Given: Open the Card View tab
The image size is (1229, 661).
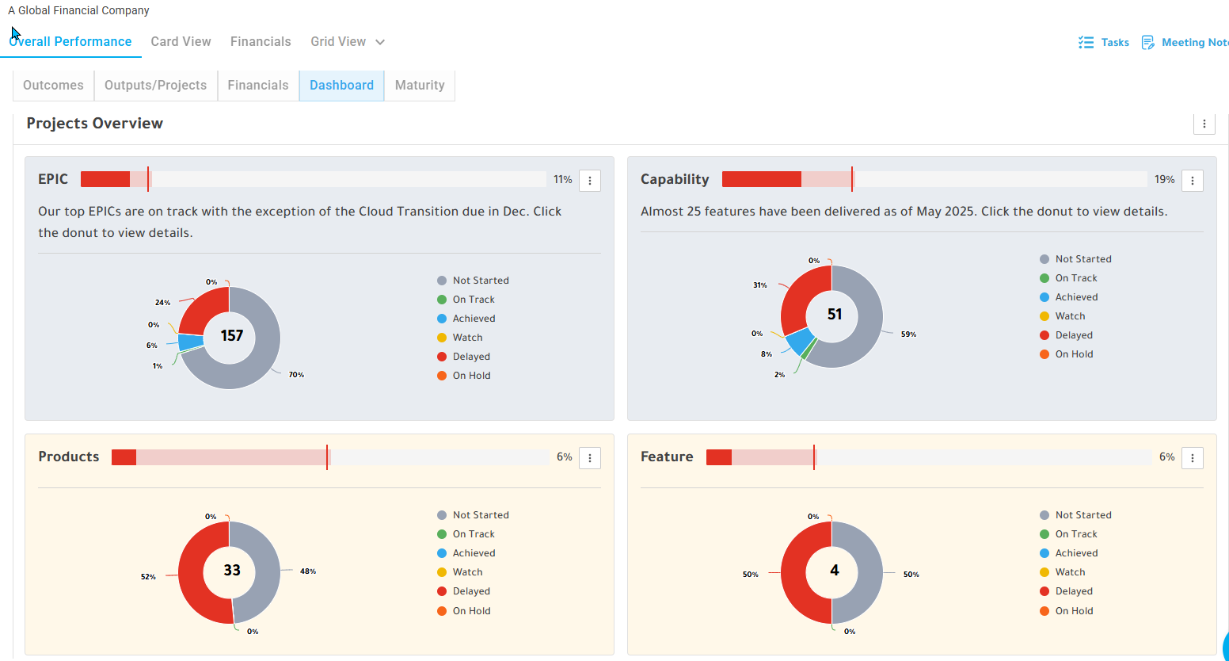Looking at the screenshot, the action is [x=181, y=42].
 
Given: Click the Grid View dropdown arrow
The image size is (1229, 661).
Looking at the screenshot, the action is [x=379, y=42].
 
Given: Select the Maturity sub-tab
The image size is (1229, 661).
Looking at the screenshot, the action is [x=420, y=85].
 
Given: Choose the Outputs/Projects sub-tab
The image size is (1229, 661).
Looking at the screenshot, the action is [x=155, y=85].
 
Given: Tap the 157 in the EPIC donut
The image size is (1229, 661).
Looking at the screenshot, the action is [x=231, y=335].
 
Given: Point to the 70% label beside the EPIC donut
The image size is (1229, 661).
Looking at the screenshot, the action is [x=296, y=374].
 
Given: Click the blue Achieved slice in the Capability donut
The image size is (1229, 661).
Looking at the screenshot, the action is [x=799, y=341].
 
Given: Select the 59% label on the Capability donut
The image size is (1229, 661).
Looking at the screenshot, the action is [x=908, y=334].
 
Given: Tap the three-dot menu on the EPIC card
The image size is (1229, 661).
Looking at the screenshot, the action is [x=590, y=181].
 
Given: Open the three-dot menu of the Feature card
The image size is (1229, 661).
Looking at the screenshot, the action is [x=1193, y=458].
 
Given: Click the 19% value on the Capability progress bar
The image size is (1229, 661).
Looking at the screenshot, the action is [x=1164, y=180].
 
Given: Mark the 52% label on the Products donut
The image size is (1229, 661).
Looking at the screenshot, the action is [x=148, y=576].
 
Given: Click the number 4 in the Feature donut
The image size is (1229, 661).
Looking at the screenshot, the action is [x=835, y=570].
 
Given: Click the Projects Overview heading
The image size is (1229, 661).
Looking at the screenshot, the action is [x=95, y=123].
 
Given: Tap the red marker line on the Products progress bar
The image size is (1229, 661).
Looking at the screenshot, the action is [x=327, y=457].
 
